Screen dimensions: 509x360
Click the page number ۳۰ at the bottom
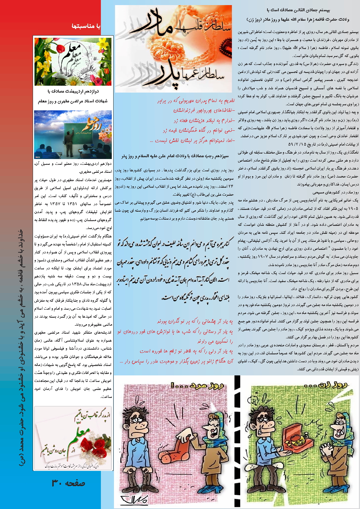[69, 483]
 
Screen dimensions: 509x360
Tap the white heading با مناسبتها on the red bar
[86, 26]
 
